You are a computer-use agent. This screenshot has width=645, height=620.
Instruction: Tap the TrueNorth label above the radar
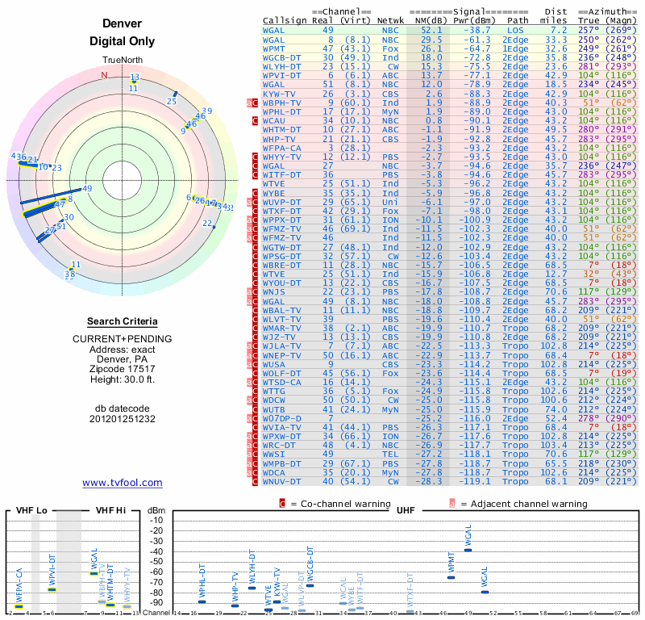pyautogui.click(x=122, y=61)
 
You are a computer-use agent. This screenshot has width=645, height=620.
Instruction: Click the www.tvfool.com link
pyautogui.click(x=122, y=483)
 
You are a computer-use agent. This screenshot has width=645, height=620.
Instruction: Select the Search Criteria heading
pyautogui.click(x=122, y=321)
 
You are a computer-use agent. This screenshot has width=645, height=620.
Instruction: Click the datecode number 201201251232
pyautogui.click(x=122, y=419)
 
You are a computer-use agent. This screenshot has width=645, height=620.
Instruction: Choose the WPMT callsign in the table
pyautogui.click(x=274, y=48)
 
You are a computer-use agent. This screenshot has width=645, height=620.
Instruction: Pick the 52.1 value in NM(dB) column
pyautogui.click(x=431, y=29)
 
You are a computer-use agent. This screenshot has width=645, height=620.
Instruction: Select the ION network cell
pyautogui.click(x=390, y=219)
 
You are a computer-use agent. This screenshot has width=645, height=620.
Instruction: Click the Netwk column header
pyautogui.click(x=390, y=19)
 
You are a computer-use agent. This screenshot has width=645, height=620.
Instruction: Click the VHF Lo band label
pyautogui.click(x=31, y=510)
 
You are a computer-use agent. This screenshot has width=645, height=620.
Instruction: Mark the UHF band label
pyautogui.click(x=406, y=510)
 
